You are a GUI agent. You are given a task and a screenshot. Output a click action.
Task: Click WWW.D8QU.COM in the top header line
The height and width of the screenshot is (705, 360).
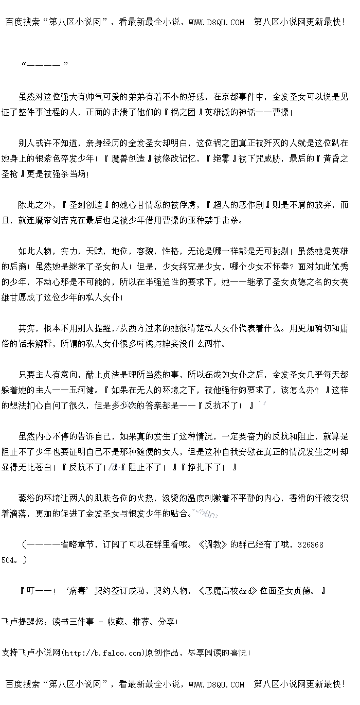tap(217, 22)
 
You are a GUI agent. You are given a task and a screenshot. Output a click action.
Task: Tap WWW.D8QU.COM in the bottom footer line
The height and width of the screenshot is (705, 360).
tap(217, 684)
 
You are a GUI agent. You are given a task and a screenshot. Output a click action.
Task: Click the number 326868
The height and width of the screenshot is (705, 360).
tap(310, 544)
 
